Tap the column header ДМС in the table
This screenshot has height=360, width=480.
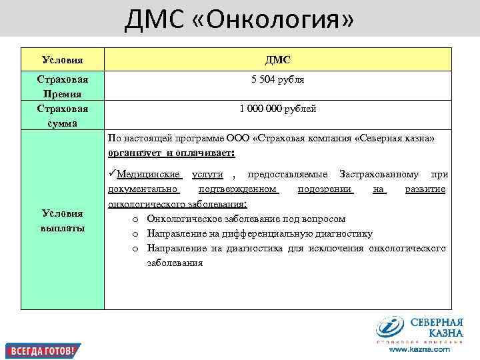[277, 60]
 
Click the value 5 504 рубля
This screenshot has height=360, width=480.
[277, 79]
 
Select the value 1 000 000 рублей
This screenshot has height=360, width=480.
[277, 109]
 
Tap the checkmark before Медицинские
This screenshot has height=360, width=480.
[111, 175]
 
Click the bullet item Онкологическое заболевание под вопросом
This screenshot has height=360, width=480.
[246, 219]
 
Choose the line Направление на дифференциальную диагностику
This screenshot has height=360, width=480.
[259, 233]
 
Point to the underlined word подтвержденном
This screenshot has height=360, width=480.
[237, 189]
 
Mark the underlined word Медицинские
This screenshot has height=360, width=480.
[149, 175]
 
